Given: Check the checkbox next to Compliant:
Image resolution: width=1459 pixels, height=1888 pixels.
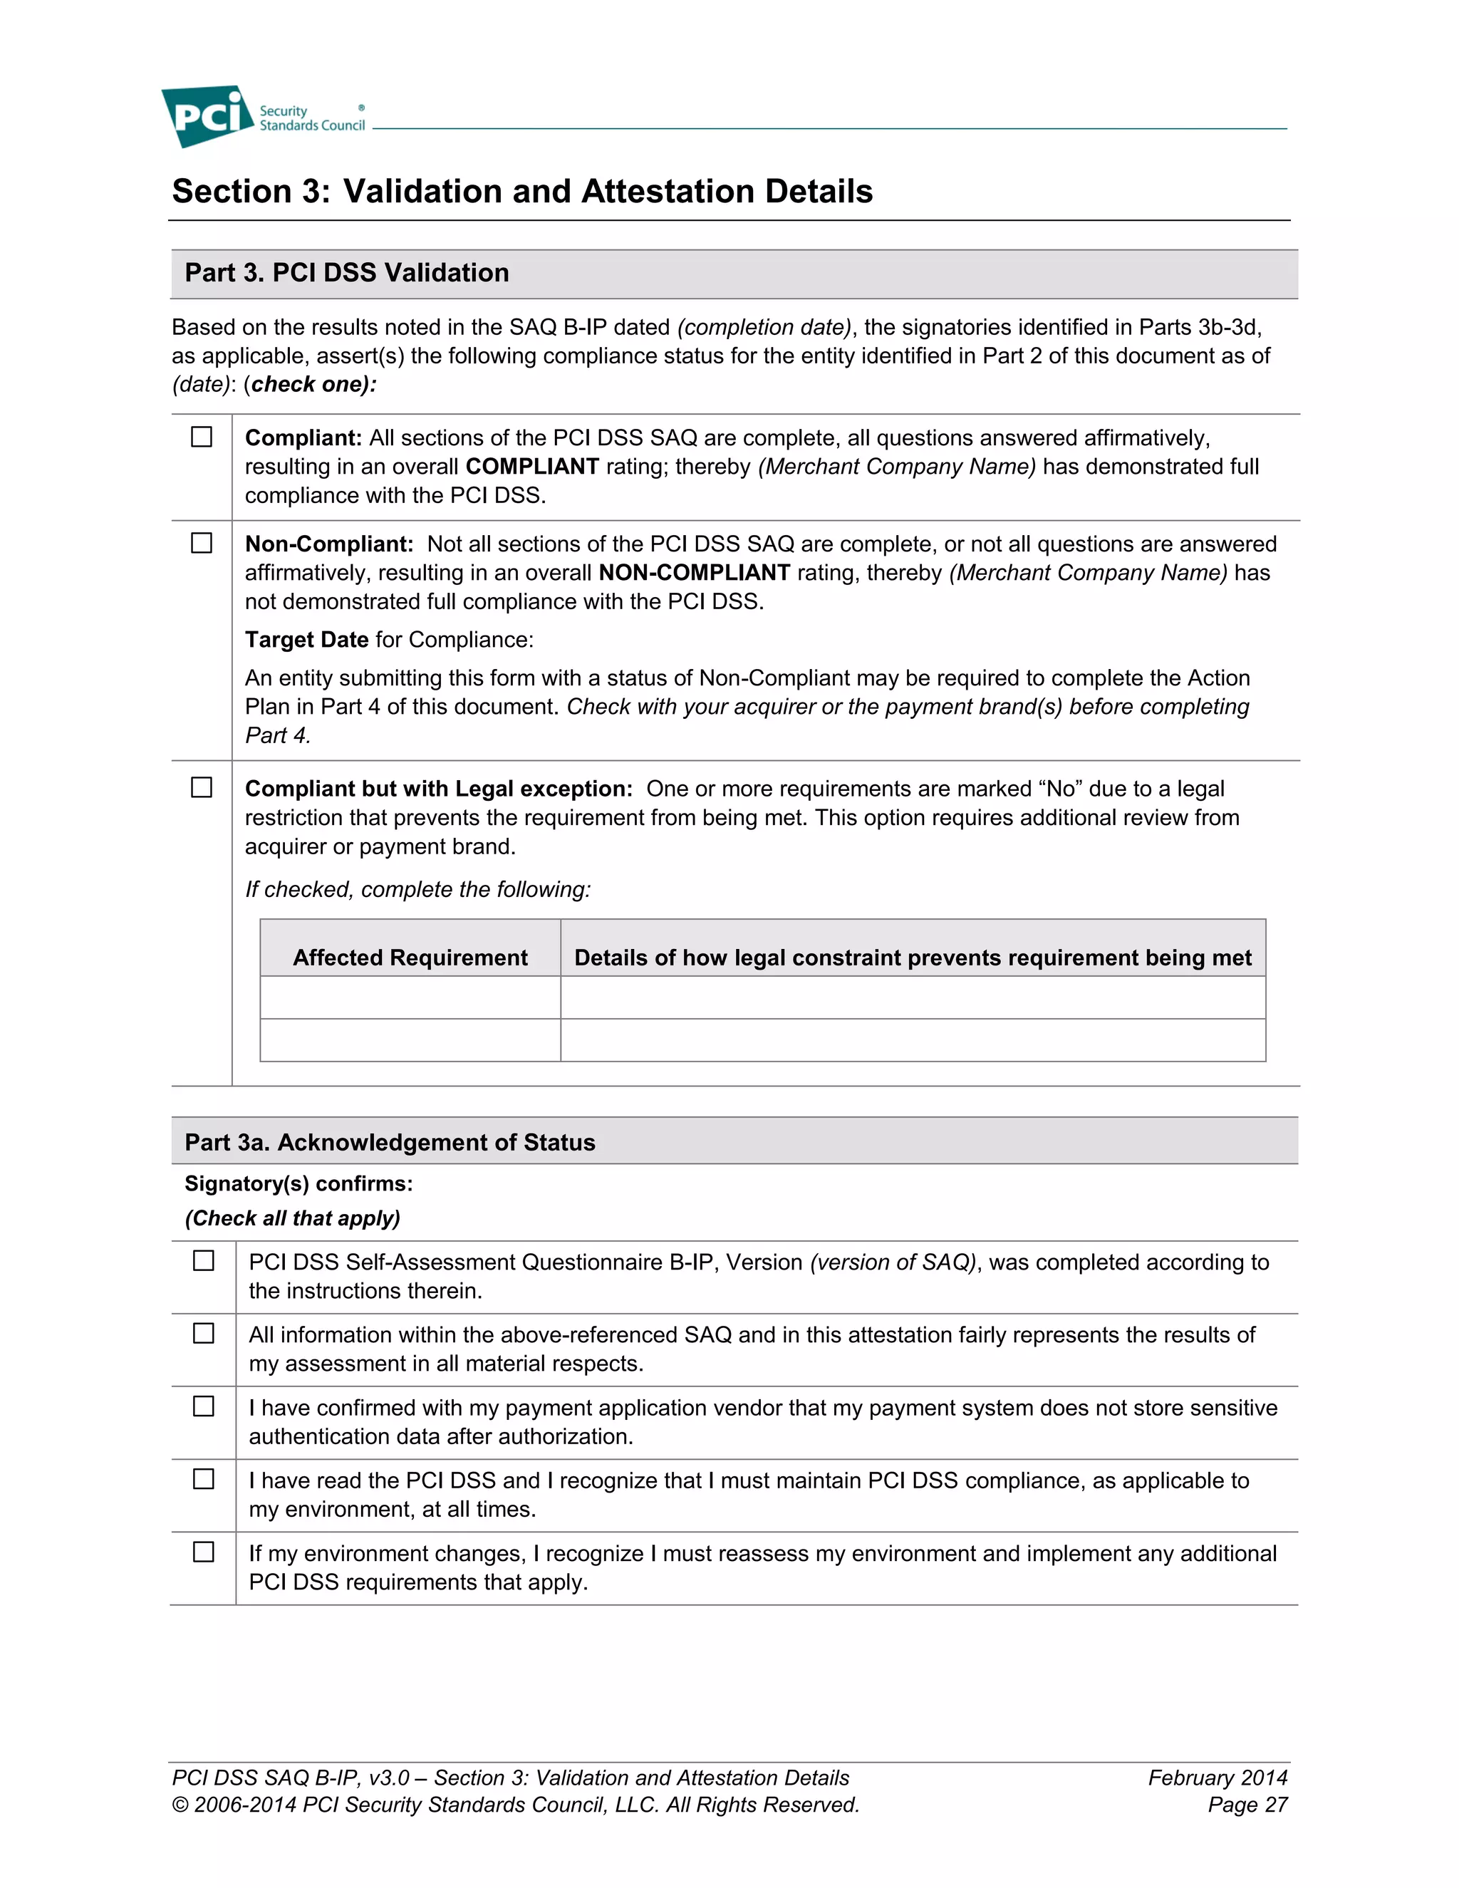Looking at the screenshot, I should [202, 437].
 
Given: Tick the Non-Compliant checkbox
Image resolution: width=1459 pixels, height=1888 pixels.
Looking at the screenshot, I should [202, 543].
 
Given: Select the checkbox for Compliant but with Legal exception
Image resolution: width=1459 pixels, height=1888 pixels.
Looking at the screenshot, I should [202, 787].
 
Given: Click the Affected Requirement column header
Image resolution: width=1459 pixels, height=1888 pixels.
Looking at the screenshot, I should [410, 957].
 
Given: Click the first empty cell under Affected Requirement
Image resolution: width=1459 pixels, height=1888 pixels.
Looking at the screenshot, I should [410, 997].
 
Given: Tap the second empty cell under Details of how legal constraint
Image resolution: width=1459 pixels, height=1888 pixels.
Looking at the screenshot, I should [913, 1040].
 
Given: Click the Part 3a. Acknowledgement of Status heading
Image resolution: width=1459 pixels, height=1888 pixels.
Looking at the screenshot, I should [390, 1142].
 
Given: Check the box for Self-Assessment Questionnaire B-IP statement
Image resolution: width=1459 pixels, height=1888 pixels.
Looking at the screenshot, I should [203, 1260].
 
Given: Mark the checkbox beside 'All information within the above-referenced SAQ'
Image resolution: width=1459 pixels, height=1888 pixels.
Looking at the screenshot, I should [203, 1333].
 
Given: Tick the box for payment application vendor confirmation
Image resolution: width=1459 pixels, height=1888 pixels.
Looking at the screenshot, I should [203, 1406].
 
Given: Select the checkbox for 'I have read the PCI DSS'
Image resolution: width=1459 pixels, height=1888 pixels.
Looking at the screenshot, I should [203, 1479].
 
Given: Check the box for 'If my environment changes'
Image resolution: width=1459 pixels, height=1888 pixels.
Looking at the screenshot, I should [203, 1552].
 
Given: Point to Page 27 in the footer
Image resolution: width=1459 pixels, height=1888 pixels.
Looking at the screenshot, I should [1247, 1805].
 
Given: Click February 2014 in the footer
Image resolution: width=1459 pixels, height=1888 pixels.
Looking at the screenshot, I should [1217, 1778].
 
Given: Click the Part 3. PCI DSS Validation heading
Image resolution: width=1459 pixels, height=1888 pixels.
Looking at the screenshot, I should [347, 272].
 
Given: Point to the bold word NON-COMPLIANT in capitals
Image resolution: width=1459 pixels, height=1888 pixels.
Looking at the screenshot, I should [694, 572].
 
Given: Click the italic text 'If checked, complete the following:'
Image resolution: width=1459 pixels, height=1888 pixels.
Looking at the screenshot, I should [417, 890].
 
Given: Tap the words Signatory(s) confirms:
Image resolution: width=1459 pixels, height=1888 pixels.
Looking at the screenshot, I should [298, 1183].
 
